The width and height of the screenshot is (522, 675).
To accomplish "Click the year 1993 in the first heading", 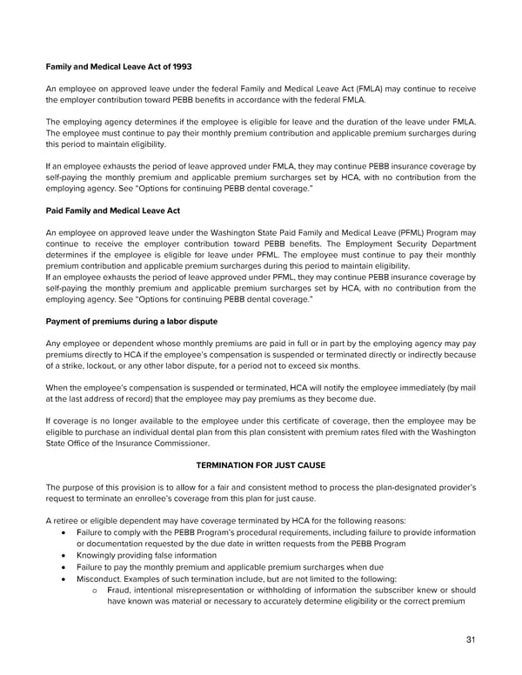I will click(x=182, y=67).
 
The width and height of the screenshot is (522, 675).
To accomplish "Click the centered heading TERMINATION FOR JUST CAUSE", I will click(x=261, y=465).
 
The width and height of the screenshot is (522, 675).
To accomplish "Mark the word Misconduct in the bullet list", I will click(x=101, y=579).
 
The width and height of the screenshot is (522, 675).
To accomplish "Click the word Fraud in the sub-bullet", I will click(x=122, y=591).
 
